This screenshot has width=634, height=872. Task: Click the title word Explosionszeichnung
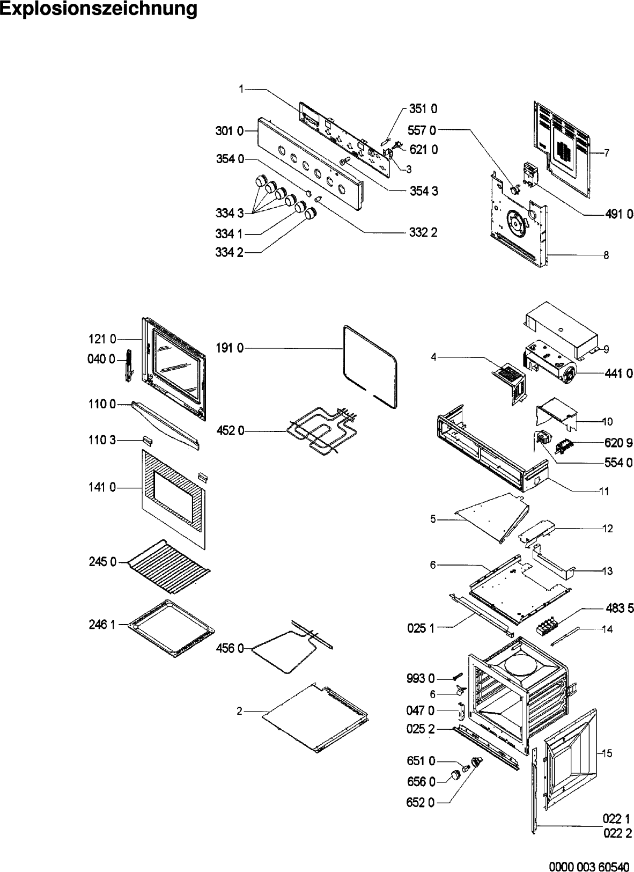[x=99, y=10]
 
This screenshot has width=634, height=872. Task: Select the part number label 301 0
[x=230, y=130]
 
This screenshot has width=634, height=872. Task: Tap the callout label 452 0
[x=230, y=430]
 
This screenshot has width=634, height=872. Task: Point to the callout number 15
[x=607, y=753]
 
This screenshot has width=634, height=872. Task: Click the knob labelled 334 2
[x=311, y=215]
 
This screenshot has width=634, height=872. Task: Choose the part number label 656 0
[x=421, y=782]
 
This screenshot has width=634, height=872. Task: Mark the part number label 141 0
[x=102, y=488]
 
